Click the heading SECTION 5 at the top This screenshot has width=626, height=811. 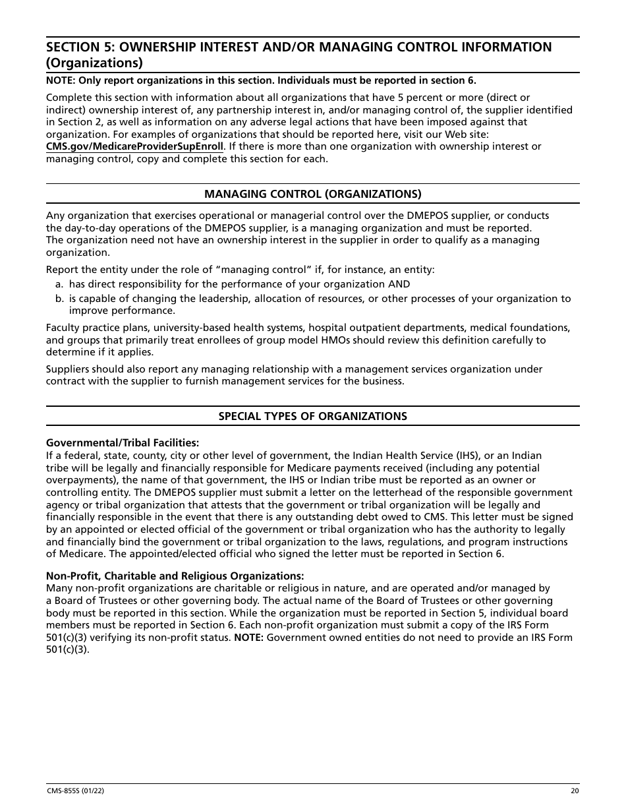point(299,47)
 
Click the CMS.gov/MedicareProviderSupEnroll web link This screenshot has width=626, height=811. point(134,146)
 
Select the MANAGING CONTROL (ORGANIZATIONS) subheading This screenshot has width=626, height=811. point(312,194)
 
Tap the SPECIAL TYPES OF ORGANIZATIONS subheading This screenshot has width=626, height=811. point(312,416)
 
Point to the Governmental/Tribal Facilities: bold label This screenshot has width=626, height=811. point(122,443)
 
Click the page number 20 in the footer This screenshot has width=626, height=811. point(575,791)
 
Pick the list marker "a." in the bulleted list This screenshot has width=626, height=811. point(59,284)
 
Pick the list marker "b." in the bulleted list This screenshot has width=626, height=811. point(59,299)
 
